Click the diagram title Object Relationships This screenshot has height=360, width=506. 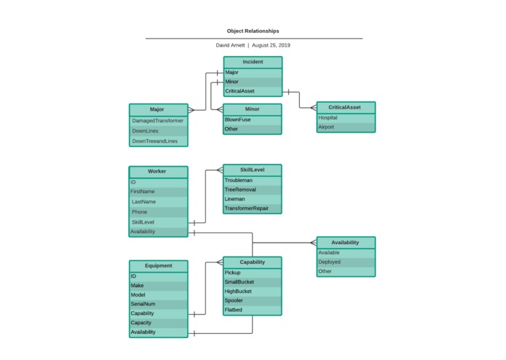click(x=253, y=31)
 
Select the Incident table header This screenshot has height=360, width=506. click(x=253, y=62)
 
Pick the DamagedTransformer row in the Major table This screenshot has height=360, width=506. click(x=158, y=120)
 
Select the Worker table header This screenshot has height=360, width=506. click(x=157, y=172)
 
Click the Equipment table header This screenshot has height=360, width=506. click(x=158, y=266)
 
